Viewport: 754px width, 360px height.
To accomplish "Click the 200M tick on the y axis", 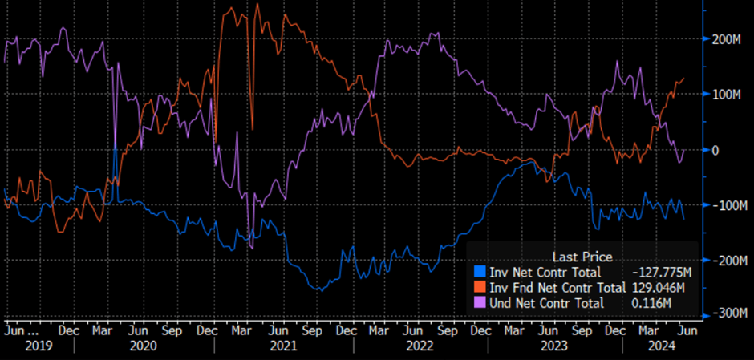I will [x=727, y=39].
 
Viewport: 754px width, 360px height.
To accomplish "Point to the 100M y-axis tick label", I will [x=727, y=95].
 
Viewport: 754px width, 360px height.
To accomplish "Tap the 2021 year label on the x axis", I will [x=283, y=346].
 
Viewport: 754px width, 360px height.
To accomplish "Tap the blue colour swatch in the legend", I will [x=480, y=273].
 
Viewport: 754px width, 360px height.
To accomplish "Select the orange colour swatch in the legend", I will [x=480, y=288].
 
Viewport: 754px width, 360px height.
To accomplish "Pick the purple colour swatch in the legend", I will [x=480, y=303].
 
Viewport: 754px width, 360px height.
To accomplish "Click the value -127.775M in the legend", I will [x=664, y=273].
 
